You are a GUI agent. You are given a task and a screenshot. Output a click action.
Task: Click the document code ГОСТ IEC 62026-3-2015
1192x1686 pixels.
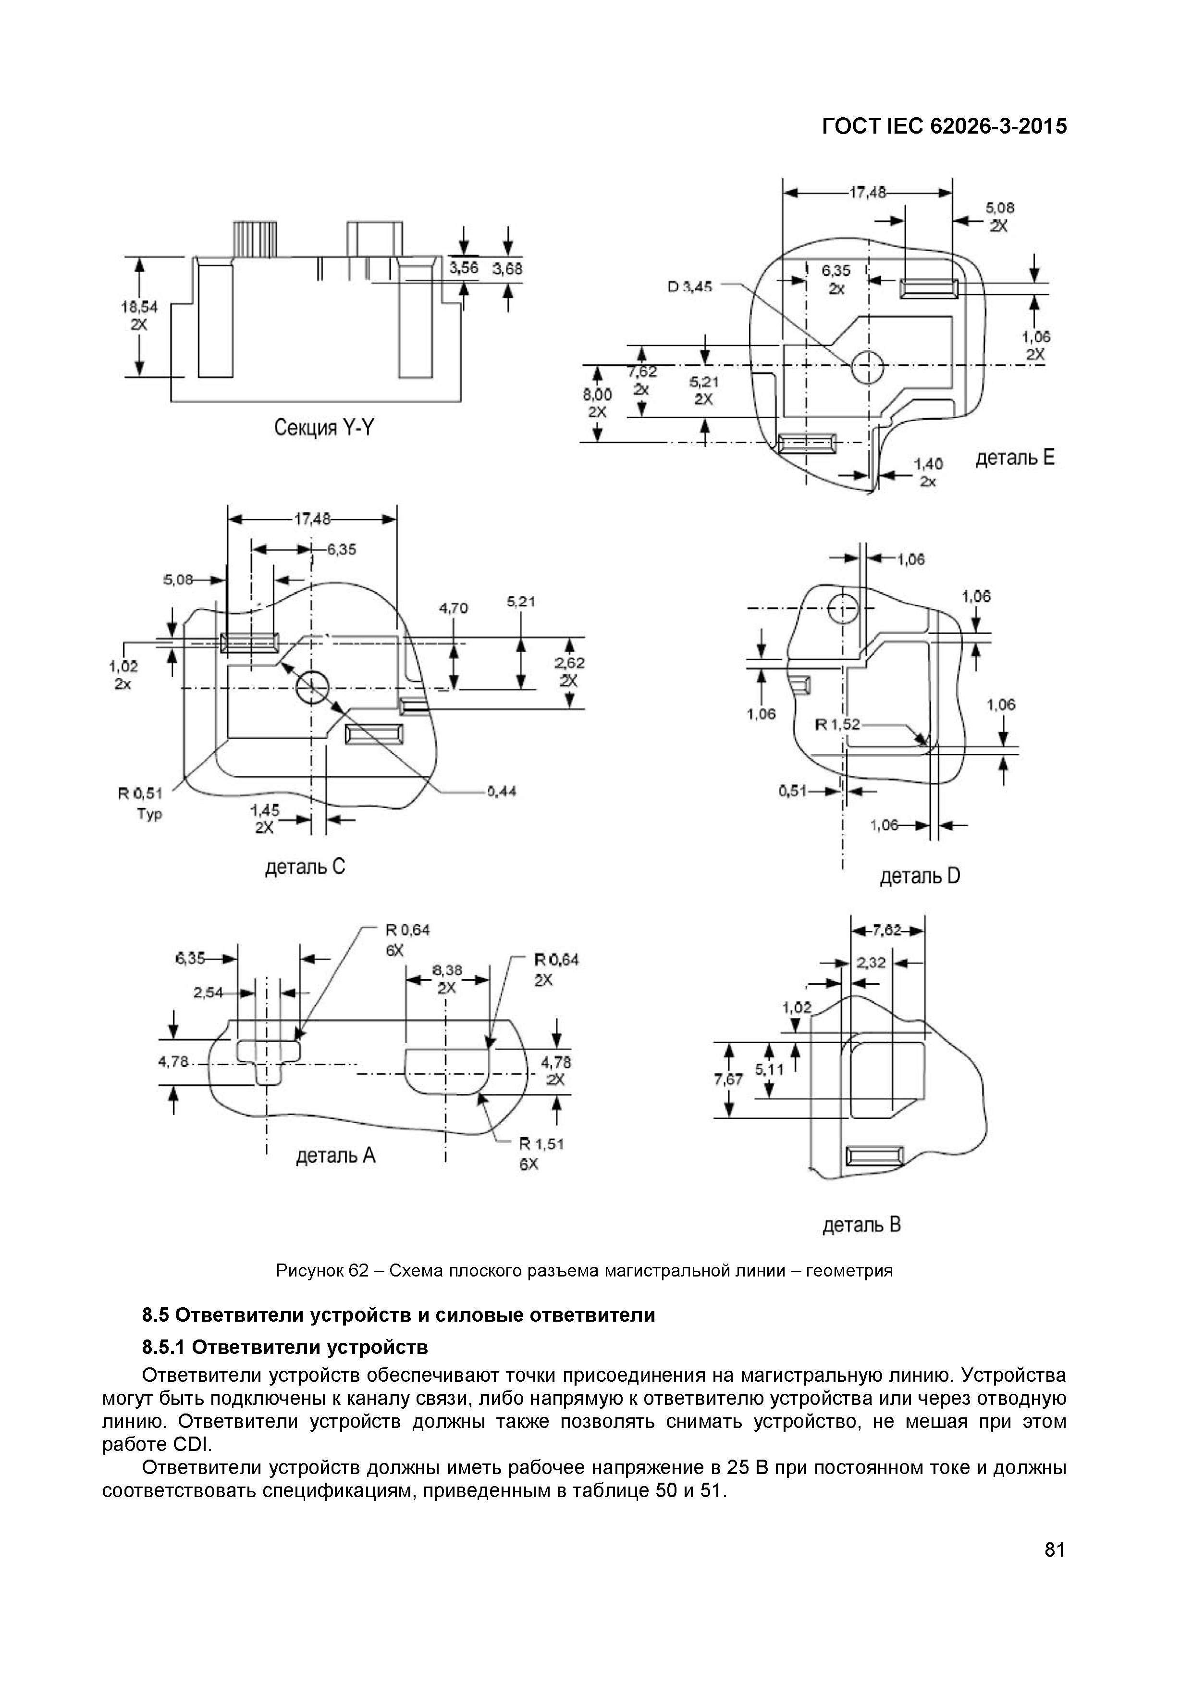[x=944, y=127]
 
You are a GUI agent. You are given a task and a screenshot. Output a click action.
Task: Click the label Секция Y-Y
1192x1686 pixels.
[x=323, y=428]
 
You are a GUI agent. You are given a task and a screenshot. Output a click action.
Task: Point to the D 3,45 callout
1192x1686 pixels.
[x=689, y=287]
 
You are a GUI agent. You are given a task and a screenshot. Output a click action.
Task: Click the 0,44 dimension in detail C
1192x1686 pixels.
[x=501, y=791]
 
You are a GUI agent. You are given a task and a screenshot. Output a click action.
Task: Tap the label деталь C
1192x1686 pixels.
[x=305, y=867]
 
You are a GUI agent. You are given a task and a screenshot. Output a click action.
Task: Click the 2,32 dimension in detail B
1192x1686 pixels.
[x=871, y=963]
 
